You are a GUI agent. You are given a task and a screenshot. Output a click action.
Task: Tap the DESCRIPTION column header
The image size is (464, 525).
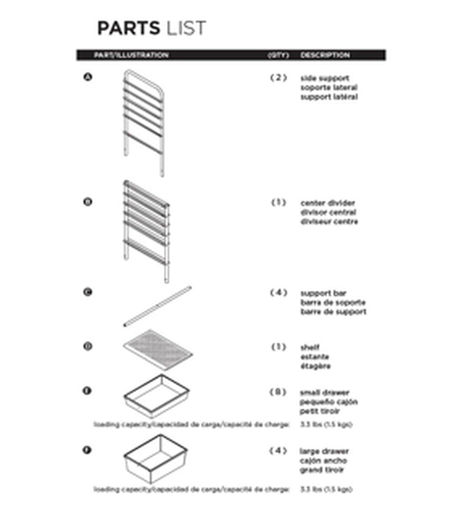[325, 55]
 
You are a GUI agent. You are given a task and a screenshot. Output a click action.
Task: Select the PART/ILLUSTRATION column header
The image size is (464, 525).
[131, 55]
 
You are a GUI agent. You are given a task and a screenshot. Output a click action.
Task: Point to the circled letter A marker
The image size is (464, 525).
[88, 77]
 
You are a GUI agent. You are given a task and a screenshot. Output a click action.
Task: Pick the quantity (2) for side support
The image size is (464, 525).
[278, 78]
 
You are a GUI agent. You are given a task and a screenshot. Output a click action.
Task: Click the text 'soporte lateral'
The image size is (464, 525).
[329, 87]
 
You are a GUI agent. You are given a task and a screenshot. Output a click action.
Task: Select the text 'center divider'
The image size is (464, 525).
[328, 203]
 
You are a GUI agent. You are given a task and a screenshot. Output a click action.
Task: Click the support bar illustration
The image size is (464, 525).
[157, 306]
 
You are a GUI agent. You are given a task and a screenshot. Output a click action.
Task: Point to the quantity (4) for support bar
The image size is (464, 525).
[279, 293]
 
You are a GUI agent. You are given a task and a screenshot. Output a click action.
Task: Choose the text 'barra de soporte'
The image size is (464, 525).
[333, 302]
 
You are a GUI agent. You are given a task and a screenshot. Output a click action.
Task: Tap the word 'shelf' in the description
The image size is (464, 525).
[310, 348]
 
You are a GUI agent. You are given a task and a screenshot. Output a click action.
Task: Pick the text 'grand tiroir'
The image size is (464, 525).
[321, 470]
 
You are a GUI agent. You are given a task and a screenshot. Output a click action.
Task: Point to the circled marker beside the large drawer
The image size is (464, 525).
[87, 450]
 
